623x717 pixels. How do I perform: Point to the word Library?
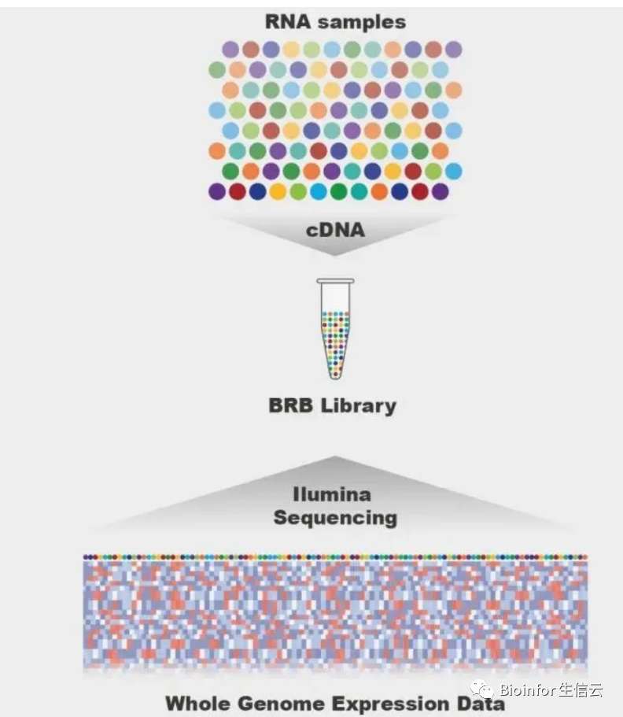point(363,407)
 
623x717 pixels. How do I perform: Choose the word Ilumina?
point(332,495)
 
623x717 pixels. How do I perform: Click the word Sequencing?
point(334,518)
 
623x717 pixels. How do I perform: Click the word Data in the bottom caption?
point(482,703)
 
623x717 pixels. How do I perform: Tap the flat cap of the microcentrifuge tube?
point(335,281)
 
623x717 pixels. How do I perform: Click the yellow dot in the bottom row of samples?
point(278,191)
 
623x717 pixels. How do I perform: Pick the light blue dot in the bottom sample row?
point(319,191)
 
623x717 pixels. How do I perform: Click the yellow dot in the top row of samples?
point(292,50)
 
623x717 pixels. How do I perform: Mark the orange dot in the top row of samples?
point(393,50)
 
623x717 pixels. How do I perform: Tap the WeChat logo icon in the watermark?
point(481,690)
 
